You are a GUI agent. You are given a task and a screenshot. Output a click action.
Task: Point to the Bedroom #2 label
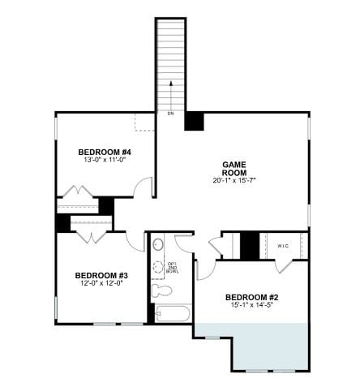coord(251,297)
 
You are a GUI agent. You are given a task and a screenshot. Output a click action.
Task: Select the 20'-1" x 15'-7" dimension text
coord(234,179)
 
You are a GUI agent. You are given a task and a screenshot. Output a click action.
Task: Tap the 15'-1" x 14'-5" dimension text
coord(251,307)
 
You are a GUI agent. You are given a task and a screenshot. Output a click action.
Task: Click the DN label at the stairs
coord(170,114)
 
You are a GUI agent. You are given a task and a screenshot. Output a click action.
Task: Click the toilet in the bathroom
coord(162,290)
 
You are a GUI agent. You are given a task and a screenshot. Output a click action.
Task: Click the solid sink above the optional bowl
coord(159,243)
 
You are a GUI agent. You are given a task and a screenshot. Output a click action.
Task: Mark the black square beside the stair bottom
coord(194,120)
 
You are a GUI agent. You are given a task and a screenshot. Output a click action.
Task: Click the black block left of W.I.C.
coord(250,244)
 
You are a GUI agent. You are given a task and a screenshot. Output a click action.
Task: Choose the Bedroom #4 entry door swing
coord(144,187)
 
